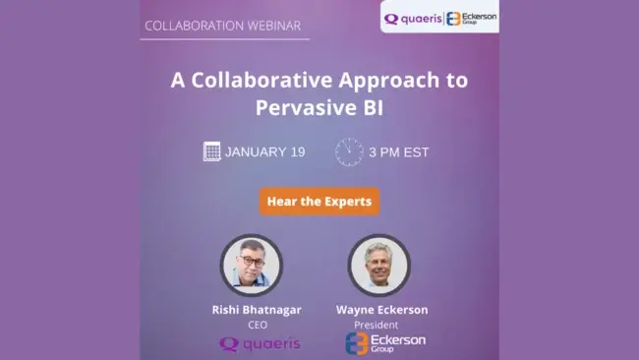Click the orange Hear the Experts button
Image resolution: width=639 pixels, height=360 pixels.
click(x=319, y=202)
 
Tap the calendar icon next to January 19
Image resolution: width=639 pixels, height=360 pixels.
click(x=211, y=151)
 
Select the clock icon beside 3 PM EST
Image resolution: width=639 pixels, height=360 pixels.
click(x=349, y=151)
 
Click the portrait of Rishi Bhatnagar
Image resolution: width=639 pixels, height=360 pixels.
click(x=252, y=265)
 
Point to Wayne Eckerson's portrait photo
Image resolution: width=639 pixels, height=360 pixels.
click(x=378, y=265)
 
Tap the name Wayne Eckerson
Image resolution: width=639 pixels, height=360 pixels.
click(x=382, y=310)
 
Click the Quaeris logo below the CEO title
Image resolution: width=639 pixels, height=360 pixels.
click(x=260, y=343)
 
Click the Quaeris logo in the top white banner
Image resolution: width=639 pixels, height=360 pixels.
click(x=413, y=18)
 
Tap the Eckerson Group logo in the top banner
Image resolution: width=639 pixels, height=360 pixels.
click(x=471, y=18)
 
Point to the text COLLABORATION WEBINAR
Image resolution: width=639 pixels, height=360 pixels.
click(x=223, y=25)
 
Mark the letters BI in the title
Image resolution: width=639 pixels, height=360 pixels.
click(x=370, y=106)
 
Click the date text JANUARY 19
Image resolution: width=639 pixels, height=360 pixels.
click(x=264, y=152)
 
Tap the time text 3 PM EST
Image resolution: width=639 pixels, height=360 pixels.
click(x=399, y=152)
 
